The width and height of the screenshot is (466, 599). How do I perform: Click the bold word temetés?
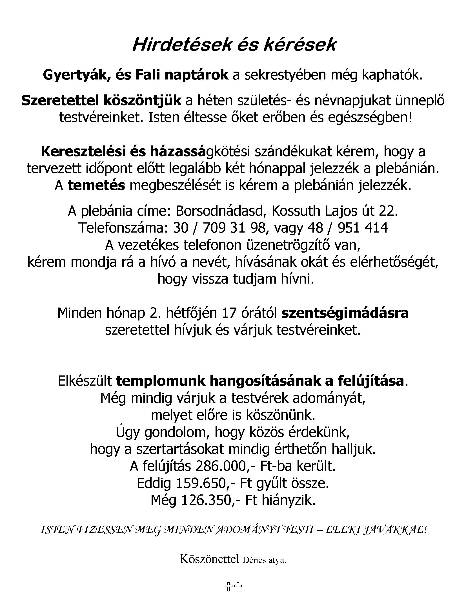click(96, 185)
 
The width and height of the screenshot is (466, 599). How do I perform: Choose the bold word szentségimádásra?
click(345, 313)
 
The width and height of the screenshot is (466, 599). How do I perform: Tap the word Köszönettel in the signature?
click(209, 559)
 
